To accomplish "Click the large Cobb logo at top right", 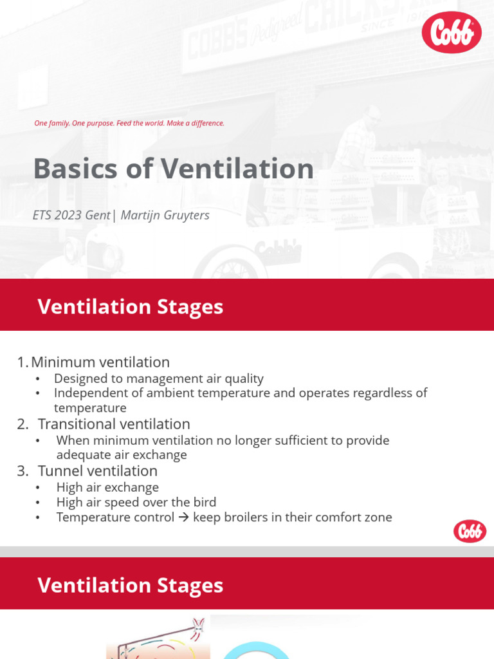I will [x=452, y=32].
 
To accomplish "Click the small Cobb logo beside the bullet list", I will [x=470, y=531].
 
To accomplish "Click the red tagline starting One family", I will [x=129, y=123].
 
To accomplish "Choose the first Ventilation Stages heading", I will [x=130, y=306].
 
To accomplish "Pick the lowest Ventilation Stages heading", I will [x=130, y=585].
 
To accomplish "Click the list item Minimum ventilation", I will [x=100, y=362].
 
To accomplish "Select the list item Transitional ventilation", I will [x=114, y=424].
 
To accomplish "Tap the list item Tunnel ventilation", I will [x=97, y=470].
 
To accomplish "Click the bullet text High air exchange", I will [x=107, y=487].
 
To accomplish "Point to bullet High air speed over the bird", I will [x=136, y=502].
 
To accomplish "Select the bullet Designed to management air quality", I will [x=159, y=378].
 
